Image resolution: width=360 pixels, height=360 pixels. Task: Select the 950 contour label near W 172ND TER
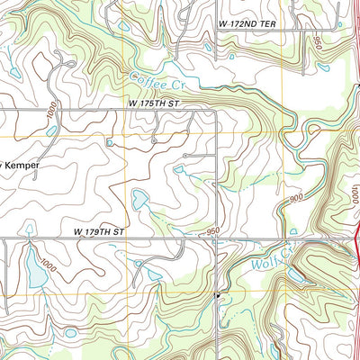tap(318, 42)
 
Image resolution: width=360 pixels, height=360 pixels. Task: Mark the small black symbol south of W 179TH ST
tap(217, 293)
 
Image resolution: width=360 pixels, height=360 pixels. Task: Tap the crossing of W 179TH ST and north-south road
tap(218, 238)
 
